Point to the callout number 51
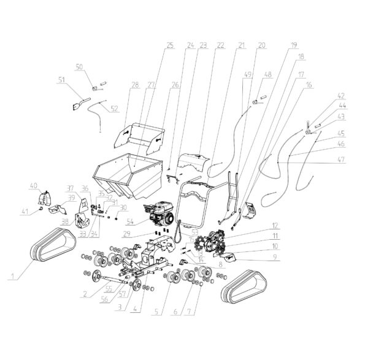(x=61, y=79)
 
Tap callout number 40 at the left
(x=34, y=185)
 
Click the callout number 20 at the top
(x=262, y=45)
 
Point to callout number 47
(x=341, y=159)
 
